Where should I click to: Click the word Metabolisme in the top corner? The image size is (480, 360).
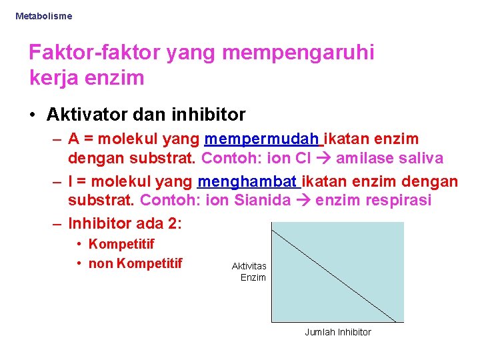(43, 15)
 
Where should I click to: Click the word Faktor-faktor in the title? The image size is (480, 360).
(93, 53)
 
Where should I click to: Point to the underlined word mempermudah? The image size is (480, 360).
(262, 139)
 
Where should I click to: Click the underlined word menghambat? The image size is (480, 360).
(248, 181)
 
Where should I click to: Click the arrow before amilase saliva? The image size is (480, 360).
(325, 159)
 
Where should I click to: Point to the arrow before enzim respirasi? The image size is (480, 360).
(304, 201)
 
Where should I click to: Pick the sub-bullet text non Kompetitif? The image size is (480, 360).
(135, 263)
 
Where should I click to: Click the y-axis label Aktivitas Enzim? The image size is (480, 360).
(249, 271)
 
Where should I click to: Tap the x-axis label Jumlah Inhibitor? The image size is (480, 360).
(338, 332)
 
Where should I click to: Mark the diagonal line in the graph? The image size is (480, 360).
(337, 272)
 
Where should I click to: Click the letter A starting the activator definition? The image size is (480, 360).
(74, 139)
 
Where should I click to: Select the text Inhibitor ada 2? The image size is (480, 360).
(125, 223)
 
